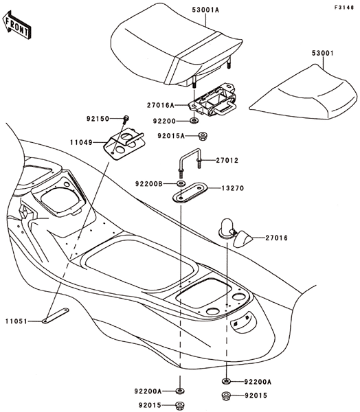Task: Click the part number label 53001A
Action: click(x=205, y=10)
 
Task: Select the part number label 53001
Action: click(x=323, y=53)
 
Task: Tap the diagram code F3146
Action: click(x=344, y=8)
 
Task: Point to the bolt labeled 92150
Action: click(x=126, y=119)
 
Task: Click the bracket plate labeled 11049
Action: click(x=124, y=144)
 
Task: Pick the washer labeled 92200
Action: click(x=194, y=121)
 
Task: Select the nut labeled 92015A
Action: click(x=202, y=136)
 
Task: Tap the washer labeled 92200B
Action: click(x=181, y=183)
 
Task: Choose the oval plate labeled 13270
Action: click(x=190, y=192)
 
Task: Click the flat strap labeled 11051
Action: click(x=56, y=315)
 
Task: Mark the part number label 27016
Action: click(x=277, y=238)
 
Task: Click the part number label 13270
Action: click(x=233, y=188)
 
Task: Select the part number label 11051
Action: click(x=16, y=321)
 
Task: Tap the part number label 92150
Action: click(x=98, y=119)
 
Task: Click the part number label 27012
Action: click(x=227, y=160)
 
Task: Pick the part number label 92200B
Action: click(x=149, y=183)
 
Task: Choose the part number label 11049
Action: click(x=81, y=143)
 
